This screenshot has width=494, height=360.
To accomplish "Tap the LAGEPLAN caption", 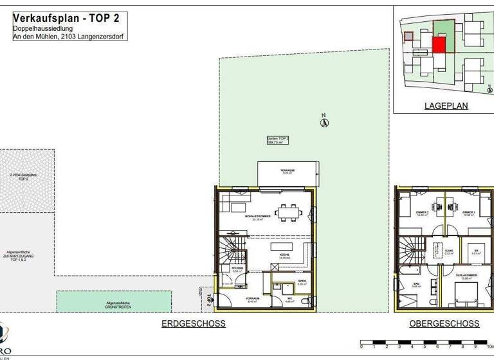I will click(x=446, y=106).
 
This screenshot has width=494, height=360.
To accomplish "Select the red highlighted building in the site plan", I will click(x=439, y=45).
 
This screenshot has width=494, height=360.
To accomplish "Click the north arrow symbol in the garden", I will click(x=325, y=122).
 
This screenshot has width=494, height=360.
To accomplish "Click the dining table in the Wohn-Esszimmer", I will click(x=286, y=211).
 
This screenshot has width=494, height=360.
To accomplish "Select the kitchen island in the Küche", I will click(x=281, y=246).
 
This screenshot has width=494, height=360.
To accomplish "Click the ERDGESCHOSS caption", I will click(x=193, y=324).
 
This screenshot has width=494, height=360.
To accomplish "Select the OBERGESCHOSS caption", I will click(x=444, y=324).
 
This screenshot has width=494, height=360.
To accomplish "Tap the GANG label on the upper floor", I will click(x=450, y=251).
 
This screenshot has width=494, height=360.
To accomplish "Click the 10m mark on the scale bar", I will click(x=489, y=346).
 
